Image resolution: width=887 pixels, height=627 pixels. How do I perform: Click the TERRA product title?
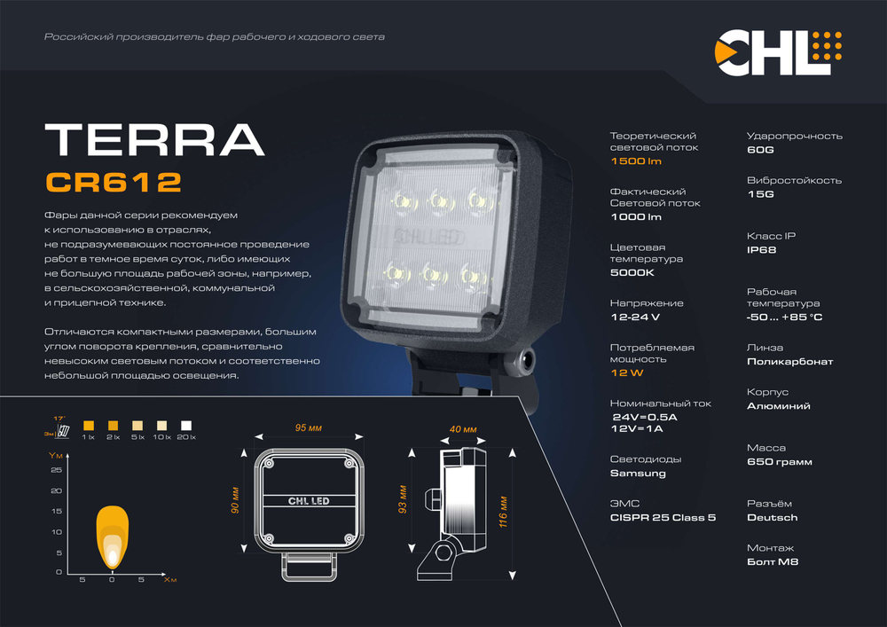pyautogui.click(x=154, y=139)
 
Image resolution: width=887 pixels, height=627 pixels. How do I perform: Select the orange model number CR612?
pyautogui.click(x=113, y=182)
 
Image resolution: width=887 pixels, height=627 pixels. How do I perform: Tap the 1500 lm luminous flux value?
pyautogui.click(x=636, y=161)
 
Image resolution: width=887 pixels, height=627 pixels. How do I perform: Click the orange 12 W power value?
pyautogui.click(x=626, y=373)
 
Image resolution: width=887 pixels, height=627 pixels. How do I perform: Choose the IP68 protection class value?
pyautogui.click(x=761, y=250)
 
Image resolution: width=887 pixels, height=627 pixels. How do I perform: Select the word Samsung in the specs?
pyautogui.click(x=638, y=474)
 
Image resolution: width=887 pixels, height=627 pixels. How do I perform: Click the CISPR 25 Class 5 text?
pyautogui.click(x=663, y=517)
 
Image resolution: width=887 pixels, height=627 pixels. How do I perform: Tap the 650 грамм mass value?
pyautogui.click(x=779, y=462)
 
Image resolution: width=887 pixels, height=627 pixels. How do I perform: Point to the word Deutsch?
pyautogui.click(x=772, y=517)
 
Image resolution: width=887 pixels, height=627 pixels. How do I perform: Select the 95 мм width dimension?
pyautogui.click(x=308, y=428)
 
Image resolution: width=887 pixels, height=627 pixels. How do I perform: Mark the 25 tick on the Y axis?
pyautogui.click(x=56, y=470)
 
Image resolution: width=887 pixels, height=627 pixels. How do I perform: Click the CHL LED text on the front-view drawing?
pyautogui.click(x=309, y=501)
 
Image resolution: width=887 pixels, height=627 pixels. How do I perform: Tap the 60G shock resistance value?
pyautogui.click(x=760, y=150)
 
